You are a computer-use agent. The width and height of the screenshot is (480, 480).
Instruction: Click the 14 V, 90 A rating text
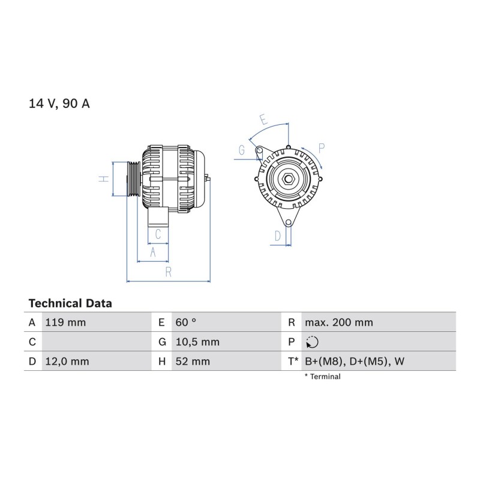tap(59, 103)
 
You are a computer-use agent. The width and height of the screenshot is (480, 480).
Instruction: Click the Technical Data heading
tap(70, 304)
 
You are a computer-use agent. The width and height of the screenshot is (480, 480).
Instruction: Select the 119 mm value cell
tap(65, 322)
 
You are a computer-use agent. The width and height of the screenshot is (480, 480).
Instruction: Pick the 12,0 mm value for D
tap(67, 361)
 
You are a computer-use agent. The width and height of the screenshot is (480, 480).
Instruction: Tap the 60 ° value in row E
tap(186, 322)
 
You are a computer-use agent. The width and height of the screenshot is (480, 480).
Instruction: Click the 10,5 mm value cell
tap(197, 342)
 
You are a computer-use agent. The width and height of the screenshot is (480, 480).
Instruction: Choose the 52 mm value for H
tap(193, 361)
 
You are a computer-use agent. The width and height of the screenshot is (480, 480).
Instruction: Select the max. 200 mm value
tap(339, 322)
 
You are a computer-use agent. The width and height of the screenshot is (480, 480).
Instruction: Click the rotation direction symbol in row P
tap(312, 342)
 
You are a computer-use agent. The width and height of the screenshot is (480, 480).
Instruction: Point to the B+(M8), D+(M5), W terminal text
tap(355, 361)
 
